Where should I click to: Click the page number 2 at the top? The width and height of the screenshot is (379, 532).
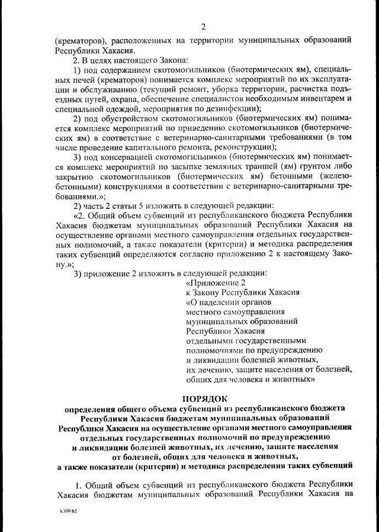coord(203,27)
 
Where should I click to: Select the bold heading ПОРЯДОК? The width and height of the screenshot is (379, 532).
coord(204,397)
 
